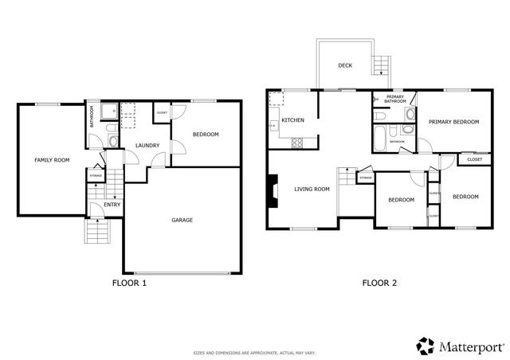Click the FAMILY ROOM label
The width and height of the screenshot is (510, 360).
click(51, 160)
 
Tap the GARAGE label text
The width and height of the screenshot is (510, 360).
click(182, 220)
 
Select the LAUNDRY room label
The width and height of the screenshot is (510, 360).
click(147, 145)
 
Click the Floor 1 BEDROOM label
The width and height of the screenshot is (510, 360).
click(206, 135)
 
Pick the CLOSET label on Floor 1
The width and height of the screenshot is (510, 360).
click(160, 112)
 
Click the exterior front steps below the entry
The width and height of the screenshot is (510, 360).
click(97, 232)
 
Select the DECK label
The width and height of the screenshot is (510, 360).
click(345, 65)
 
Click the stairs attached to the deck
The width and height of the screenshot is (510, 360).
click(382, 63)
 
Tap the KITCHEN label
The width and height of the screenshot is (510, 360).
click(292, 120)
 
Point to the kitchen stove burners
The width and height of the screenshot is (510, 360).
click(298, 144)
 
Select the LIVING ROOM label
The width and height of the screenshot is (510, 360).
click(312, 190)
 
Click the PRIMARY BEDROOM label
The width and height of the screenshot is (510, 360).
click(453, 122)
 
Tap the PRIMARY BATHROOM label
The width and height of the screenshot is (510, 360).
click(395, 100)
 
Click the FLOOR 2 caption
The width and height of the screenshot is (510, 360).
click(379, 282)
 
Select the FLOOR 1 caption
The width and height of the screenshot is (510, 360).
click(128, 282)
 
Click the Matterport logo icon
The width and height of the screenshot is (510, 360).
click(426, 345)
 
